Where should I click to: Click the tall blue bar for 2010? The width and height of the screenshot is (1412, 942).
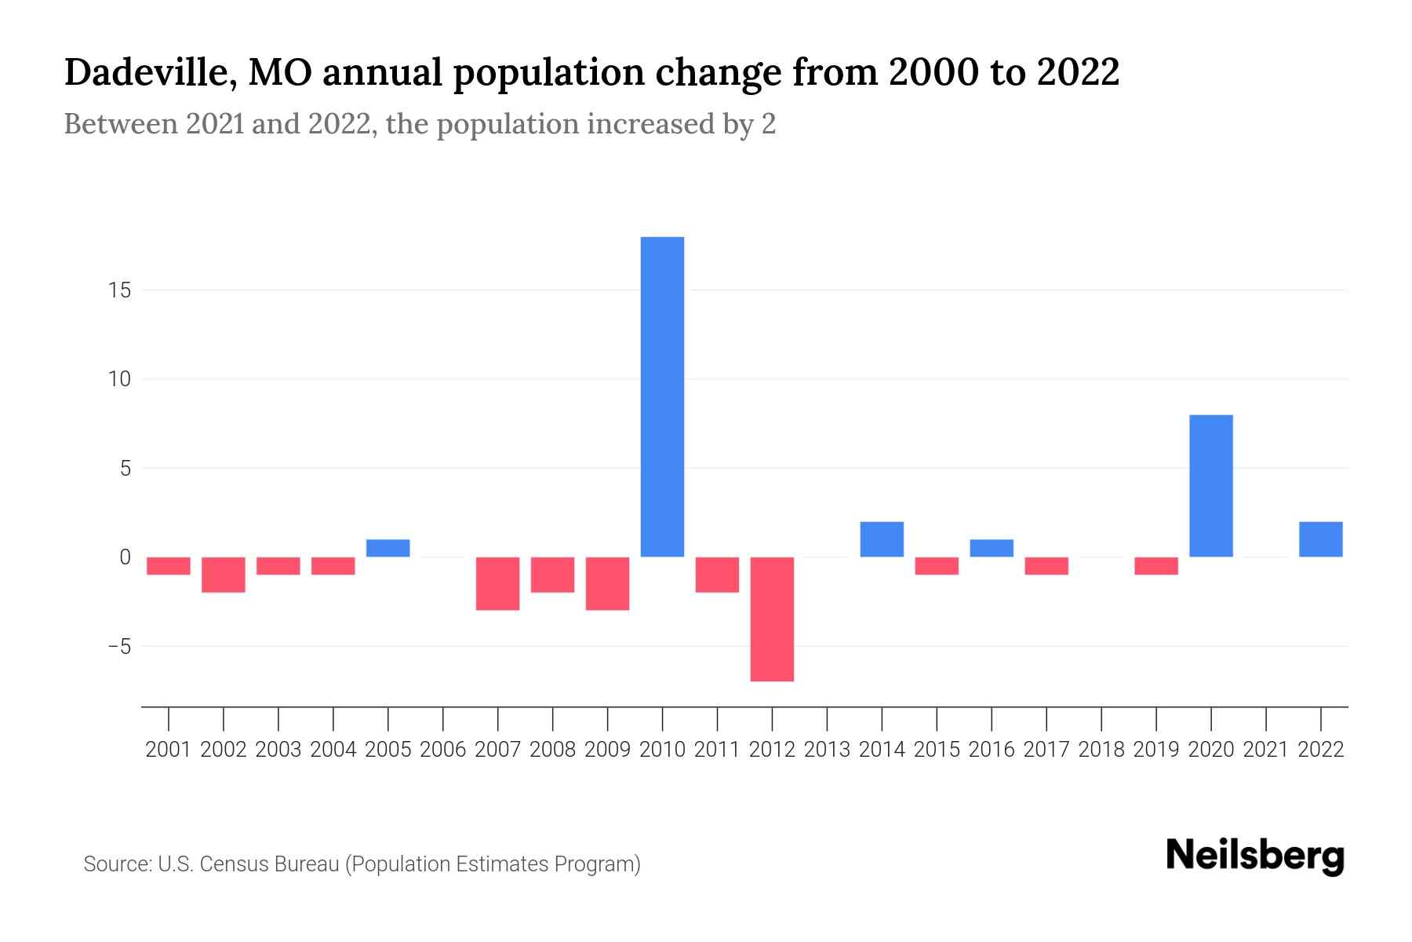pos(662,396)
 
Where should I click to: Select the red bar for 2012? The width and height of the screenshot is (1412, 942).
pos(772,619)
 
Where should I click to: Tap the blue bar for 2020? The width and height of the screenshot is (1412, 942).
pos(1210,485)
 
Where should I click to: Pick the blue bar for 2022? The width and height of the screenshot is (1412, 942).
pos(1320,539)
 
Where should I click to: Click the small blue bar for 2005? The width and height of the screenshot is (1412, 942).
pos(388,548)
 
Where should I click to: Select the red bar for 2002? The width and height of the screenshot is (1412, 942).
pos(224,575)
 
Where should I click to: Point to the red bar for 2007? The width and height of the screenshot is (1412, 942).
pos(497,583)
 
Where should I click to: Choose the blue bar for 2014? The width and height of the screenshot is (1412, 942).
pos(882,539)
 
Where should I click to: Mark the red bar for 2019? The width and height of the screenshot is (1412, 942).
pos(1155,566)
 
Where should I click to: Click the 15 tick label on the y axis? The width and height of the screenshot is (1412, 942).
pos(119,290)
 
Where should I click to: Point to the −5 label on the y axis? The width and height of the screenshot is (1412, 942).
pos(119,647)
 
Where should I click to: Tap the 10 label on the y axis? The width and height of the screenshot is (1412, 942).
pos(119,379)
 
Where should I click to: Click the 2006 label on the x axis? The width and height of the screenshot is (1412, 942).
pos(443,750)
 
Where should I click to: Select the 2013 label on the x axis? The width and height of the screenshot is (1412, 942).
pos(827,750)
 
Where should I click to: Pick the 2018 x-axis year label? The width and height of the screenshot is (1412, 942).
pos(1101,750)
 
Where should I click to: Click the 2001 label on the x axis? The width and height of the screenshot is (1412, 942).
pos(169,750)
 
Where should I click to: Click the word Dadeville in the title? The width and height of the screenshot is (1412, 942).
pos(147,72)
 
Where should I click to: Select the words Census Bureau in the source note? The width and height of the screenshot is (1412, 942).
pos(271,864)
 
